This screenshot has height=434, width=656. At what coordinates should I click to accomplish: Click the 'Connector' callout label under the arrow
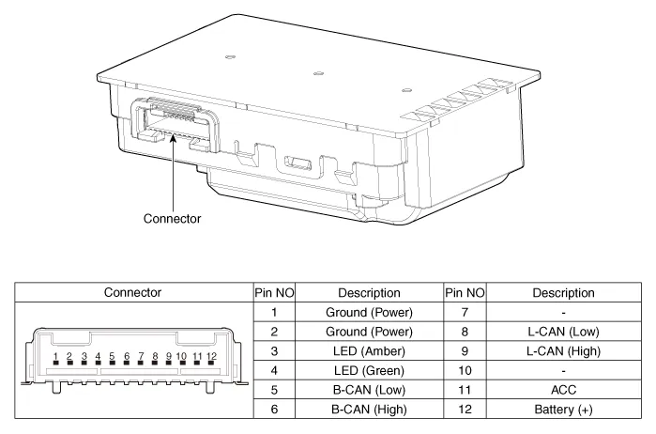172,218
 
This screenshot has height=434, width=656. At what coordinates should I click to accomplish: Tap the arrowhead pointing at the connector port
173,137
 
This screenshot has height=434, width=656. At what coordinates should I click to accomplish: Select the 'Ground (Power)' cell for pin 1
369,312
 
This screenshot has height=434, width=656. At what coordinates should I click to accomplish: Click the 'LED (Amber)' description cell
369,351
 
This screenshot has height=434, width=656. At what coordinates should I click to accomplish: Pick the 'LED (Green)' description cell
369,370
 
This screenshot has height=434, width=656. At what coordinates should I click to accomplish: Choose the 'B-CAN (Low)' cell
369,390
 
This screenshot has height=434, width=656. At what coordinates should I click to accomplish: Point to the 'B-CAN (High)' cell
369,410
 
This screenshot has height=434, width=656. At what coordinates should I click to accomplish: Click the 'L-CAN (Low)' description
563,332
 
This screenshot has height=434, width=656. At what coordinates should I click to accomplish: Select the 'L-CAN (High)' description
563,351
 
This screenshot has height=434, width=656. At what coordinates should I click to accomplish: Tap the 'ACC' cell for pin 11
563,390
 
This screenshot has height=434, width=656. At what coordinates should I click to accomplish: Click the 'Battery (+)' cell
563,410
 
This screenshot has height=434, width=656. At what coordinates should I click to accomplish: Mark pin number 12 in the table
465,410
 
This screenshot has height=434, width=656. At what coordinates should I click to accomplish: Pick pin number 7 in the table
465,312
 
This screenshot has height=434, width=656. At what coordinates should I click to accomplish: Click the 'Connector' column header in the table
132,292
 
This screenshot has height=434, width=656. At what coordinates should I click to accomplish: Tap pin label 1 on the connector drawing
55,357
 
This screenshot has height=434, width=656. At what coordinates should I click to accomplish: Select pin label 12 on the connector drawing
212,357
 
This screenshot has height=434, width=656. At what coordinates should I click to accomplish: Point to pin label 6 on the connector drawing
127,357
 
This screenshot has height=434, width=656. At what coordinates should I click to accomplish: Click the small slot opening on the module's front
297,163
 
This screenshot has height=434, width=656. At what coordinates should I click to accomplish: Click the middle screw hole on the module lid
318,73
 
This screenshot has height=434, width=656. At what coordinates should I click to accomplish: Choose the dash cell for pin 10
563,371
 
